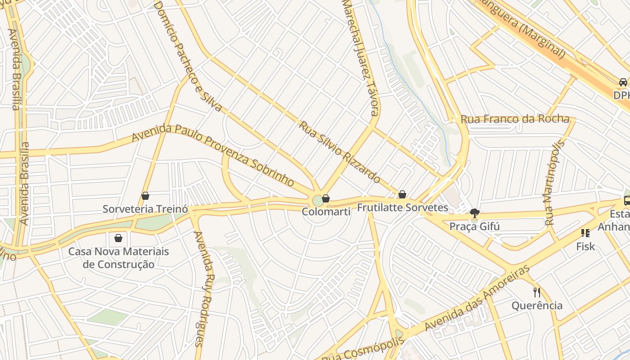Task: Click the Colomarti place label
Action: [326, 211]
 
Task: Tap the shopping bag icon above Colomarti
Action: [326, 198]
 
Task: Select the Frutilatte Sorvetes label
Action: [402, 207]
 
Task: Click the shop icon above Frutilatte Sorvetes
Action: [402, 194]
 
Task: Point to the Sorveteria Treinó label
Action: [145, 209]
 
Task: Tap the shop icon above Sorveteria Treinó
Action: [145, 196]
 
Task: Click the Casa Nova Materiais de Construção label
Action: [118, 258]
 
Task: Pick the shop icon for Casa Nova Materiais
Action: [118, 238]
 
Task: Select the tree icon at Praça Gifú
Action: [474, 213]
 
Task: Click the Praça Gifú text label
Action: [474, 226]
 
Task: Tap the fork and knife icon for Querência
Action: [536, 292]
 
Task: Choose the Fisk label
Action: [585, 246]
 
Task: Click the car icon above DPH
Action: [623, 82]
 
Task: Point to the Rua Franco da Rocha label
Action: [515, 119]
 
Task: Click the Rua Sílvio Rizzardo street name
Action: [339, 152]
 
